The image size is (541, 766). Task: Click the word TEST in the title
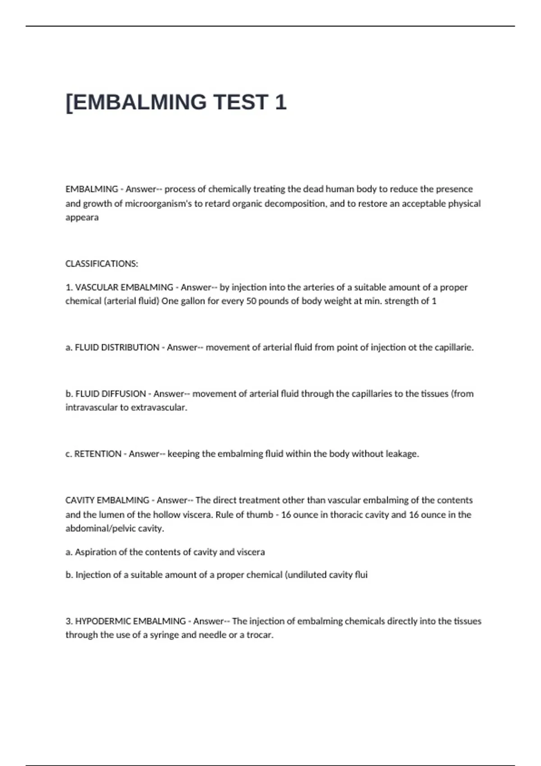tap(241, 102)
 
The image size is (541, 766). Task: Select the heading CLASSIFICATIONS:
tap(102, 264)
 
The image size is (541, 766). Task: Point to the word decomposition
tap(295, 204)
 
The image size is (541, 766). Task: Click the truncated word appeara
tap(82, 217)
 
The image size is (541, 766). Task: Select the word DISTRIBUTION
tap(117, 347)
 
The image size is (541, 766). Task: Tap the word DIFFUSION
tap(110, 394)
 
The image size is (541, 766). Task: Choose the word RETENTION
tap(97, 454)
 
